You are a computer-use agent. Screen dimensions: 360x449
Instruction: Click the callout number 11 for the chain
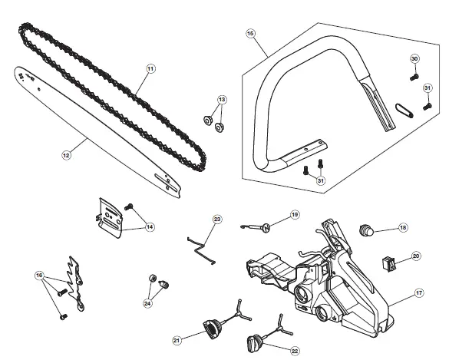click(x=150, y=68)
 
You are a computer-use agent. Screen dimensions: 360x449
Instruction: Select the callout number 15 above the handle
click(x=250, y=33)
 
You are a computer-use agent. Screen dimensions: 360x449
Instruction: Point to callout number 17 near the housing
click(x=419, y=292)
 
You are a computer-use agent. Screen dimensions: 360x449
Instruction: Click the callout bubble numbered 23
click(x=217, y=220)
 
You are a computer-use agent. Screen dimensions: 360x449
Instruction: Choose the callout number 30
click(x=414, y=59)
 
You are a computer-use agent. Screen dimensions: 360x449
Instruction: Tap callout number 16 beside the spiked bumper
click(x=39, y=275)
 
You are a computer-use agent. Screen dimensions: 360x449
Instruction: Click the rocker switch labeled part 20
click(x=391, y=264)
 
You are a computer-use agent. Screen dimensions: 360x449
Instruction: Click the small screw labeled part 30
click(x=412, y=76)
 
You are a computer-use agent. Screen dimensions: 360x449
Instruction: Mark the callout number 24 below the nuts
click(x=147, y=302)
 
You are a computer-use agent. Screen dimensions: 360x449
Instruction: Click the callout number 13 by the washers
click(x=223, y=100)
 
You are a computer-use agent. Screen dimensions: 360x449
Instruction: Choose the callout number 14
click(x=149, y=226)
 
